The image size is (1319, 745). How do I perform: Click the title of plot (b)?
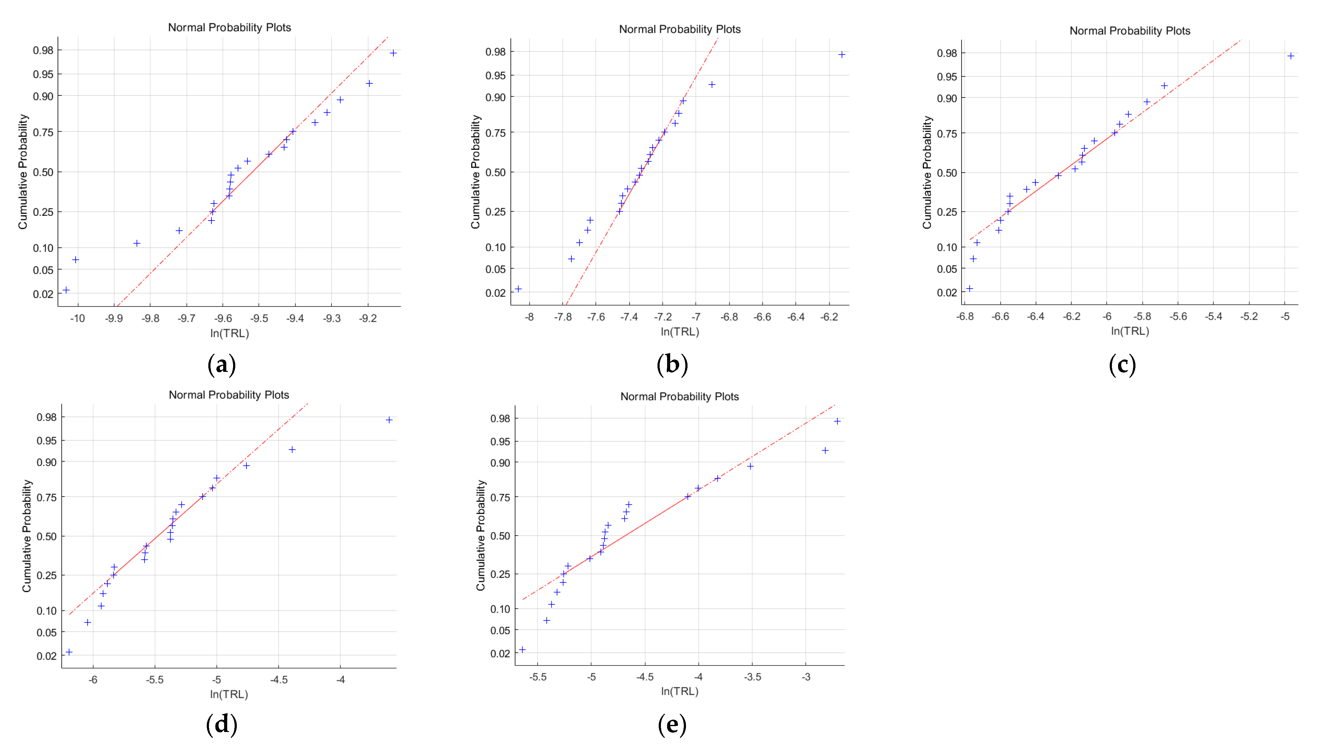[679, 29]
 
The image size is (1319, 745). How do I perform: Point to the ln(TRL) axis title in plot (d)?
[229, 694]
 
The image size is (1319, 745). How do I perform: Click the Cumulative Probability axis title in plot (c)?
[927, 172]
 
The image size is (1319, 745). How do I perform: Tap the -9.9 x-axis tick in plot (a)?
[114, 319]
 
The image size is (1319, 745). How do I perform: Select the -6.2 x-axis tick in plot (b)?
[829, 317]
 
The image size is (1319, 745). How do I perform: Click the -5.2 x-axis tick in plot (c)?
[1249, 316]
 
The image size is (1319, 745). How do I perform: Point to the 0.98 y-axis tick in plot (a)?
[43, 50]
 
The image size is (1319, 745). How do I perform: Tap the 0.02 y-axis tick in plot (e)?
[500, 653]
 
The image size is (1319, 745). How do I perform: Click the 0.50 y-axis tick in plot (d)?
[47, 536]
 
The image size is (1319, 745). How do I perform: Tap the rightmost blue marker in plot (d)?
[389, 420]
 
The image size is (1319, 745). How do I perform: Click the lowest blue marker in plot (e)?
[522, 650]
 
